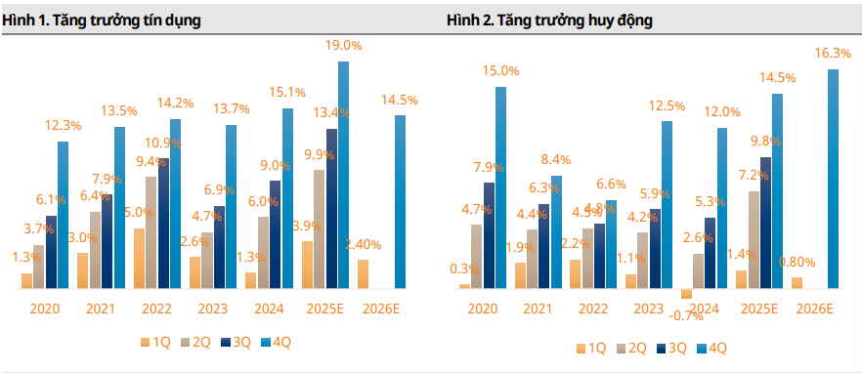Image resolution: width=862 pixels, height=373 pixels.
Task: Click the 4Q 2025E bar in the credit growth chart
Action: coord(343,176)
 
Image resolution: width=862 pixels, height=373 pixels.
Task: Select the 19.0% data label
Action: coord(343,45)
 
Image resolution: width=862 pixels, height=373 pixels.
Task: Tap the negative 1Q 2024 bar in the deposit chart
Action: coord(687,293)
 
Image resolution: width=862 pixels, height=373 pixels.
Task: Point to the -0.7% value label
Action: coord(687,315)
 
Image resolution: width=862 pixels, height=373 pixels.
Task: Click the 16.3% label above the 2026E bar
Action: coord(832,54)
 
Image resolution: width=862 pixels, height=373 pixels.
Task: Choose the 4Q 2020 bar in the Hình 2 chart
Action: coord(500,187)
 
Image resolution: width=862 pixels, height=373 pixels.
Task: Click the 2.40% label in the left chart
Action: coord(363,245)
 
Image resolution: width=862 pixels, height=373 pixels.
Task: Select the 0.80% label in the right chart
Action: coord(797,262)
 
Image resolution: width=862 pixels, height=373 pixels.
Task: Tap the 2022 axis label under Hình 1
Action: coord(156,309)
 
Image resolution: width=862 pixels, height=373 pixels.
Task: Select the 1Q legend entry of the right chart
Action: coord(590,348)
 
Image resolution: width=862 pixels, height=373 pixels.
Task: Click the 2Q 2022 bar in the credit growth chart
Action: coord(151,232)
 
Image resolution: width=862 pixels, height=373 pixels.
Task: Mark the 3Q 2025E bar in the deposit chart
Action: coord(765,223)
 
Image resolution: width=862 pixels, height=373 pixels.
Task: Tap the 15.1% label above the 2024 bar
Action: coord(287,93)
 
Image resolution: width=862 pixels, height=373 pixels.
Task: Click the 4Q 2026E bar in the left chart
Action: coord(400,202)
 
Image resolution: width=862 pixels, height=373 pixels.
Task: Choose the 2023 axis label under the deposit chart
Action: coord(646,309)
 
